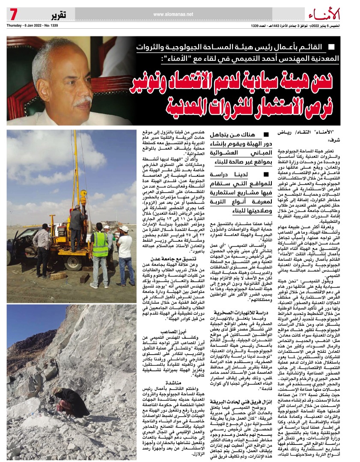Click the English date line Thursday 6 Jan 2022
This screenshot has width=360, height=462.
[32, 25]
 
